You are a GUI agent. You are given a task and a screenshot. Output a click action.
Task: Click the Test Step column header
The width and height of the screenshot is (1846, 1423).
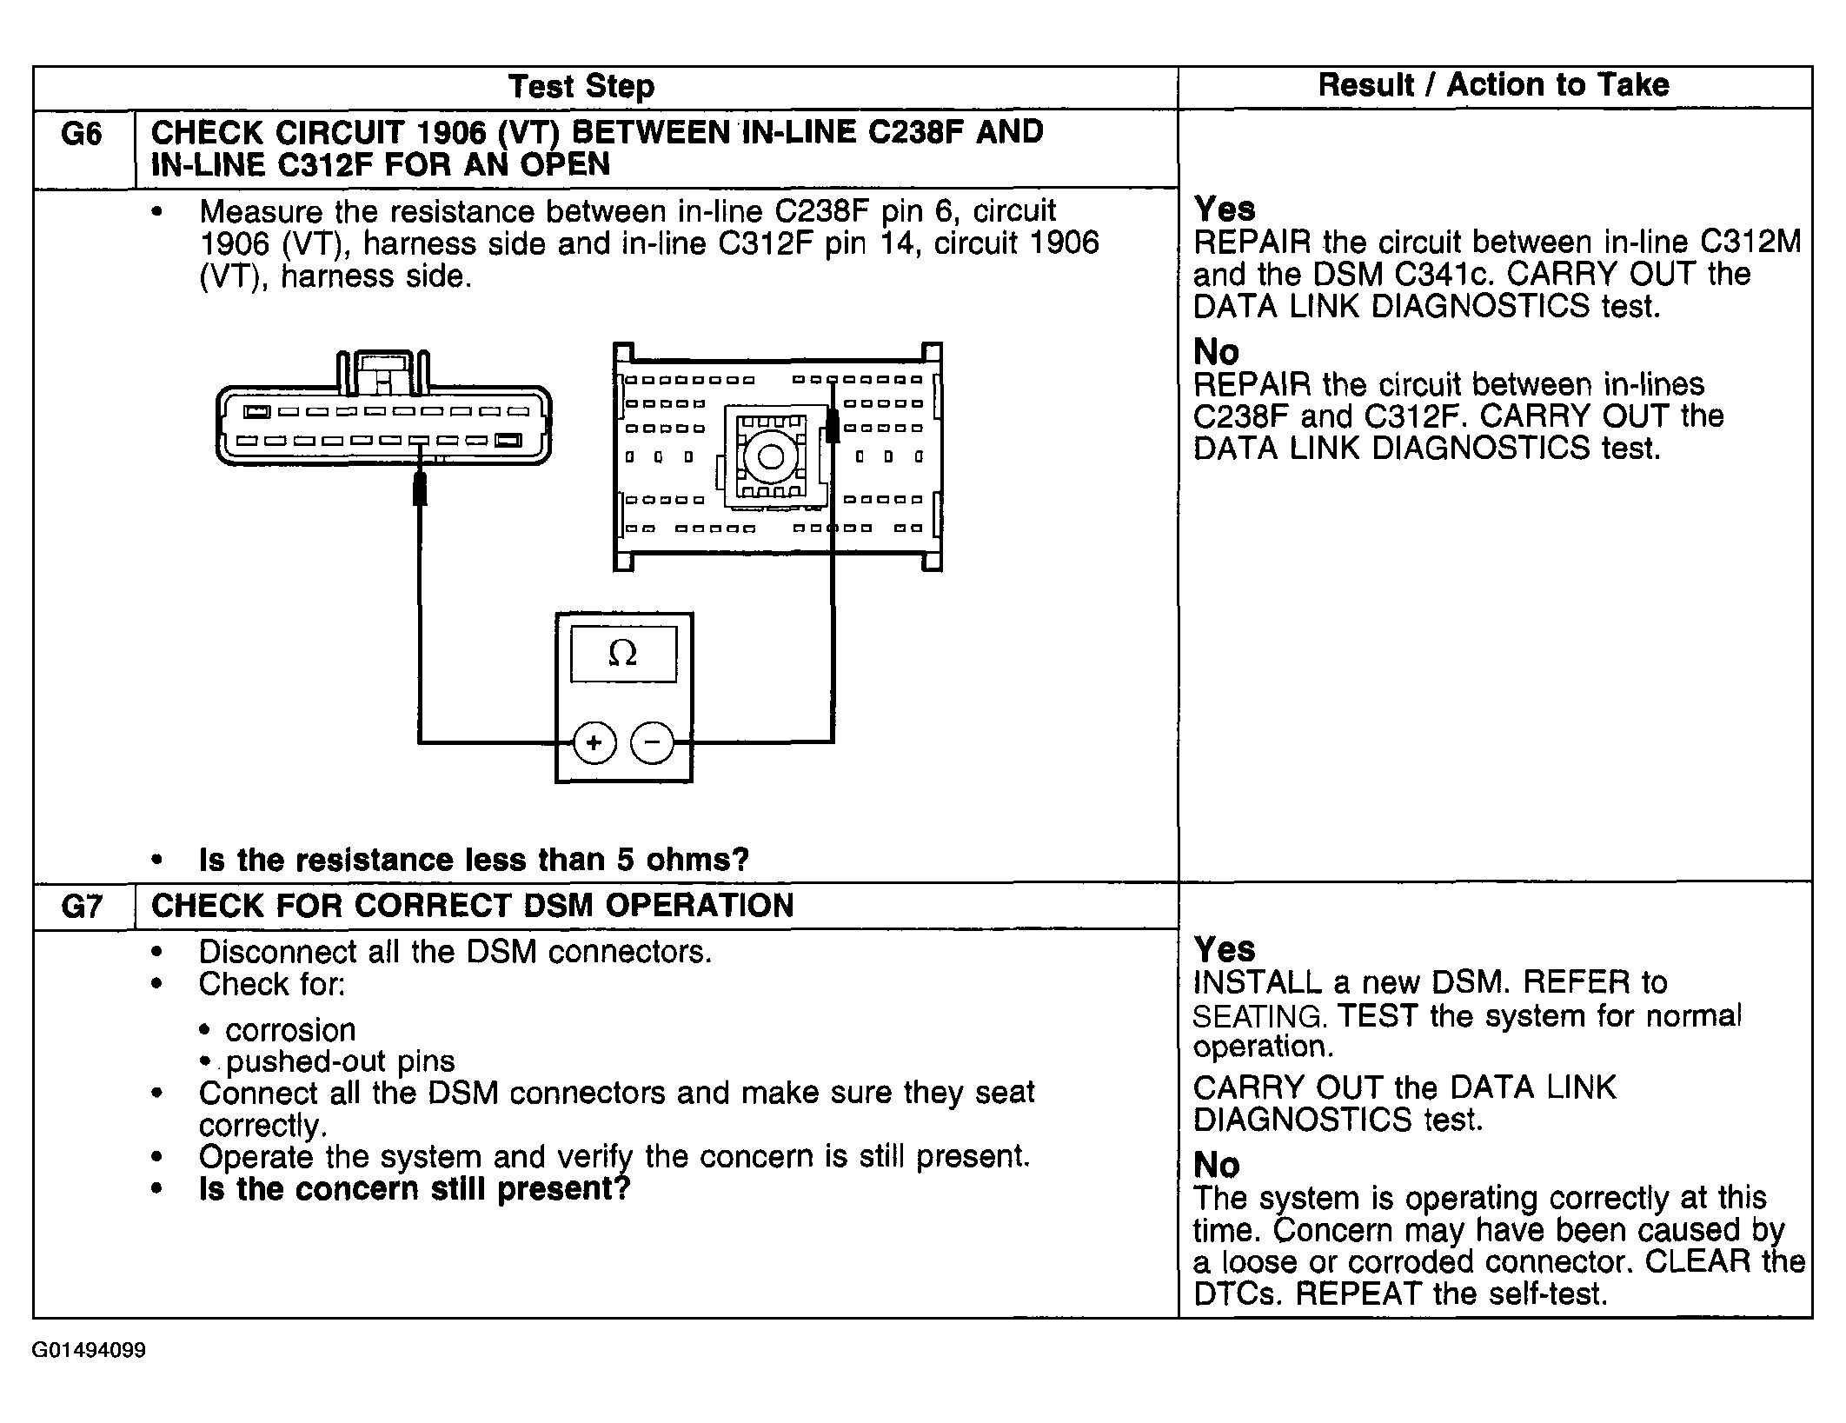point(581,87)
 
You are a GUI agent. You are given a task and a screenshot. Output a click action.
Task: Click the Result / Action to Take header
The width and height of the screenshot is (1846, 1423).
point(1493,85)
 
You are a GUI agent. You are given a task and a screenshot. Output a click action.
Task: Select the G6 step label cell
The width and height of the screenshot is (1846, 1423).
point(83,134)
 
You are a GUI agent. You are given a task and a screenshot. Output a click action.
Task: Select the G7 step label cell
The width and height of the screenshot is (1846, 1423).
point(83,907)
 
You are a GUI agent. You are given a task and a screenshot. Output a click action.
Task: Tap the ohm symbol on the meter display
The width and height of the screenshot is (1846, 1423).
point(622,654)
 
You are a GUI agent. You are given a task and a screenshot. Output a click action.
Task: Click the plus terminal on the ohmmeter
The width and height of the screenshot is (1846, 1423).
point(594,742)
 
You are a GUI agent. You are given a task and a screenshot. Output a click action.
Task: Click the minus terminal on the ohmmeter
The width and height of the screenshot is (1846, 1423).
point(653,742)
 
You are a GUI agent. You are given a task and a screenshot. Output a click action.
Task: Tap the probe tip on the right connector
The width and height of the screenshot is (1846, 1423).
point(832,426)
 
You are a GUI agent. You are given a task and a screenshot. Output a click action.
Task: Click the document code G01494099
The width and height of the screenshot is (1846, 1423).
point(89,1350)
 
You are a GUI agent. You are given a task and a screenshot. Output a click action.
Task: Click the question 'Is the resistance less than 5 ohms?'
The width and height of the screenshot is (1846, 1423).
point(474,860)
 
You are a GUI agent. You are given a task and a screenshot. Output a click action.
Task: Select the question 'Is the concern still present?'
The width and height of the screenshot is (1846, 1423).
point(414,1188)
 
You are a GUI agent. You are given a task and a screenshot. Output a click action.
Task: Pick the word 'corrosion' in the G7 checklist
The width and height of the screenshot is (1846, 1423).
point(290,1030)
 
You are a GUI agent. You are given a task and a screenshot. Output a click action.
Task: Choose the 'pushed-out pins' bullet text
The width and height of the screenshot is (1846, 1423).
point(340,1061)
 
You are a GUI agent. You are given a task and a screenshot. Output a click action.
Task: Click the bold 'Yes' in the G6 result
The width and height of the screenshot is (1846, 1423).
point(1225,209)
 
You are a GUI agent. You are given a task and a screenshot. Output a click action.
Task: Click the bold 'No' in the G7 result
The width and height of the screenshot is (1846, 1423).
point(1216,1165)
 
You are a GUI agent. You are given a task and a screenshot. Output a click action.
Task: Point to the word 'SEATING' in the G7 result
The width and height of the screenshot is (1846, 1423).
point(1258,1016)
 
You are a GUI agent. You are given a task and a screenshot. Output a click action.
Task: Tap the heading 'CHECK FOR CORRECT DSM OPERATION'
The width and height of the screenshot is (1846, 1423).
point(472,906)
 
